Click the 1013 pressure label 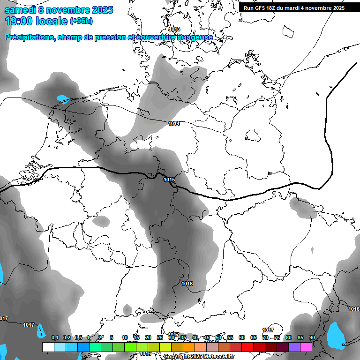pyautogui.click(x=174, y=29)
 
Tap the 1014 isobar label pyautogui.click(x=174, y=123)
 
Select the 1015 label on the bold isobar pyautogui.click(x=169, y=180)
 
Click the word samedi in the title pyautogui.click(x=20, y=10)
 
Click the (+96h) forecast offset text pyautogui.click(x=81, y=21)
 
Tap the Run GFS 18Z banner pyautogui.click(x=294, y=7)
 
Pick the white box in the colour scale pyautogui.click(x=48, y=347)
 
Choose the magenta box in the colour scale pyautogui.click(x=306, y=347)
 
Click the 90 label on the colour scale pyautogui.click(x=312, y=337)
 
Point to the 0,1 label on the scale pyautogui.click(x=55, y=337)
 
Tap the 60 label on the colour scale pyautogui.click(x=242, y=337)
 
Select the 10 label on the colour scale pyautogui.click(x=125, y=337)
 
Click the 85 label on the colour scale pyautogui.click(x=300, y=337)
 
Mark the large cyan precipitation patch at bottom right pyautogui.click(x=336, y=335)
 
